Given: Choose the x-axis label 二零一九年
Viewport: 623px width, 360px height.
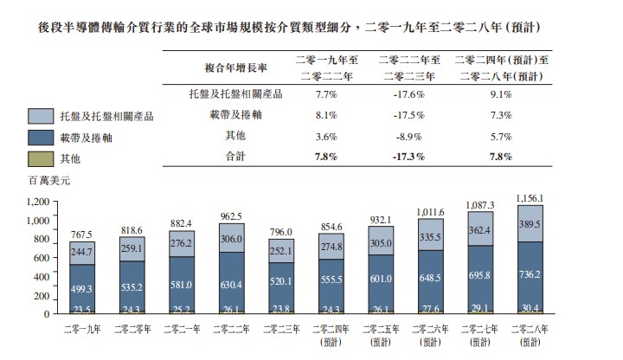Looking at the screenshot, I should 83,328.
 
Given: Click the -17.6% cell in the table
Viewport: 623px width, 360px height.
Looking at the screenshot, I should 410,93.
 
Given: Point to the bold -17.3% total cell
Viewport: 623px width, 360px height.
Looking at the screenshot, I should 410,157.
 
